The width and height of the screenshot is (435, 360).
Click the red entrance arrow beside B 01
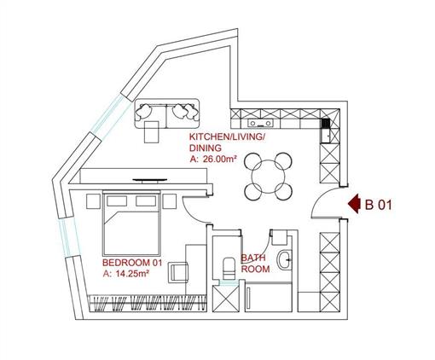[x=354, y=204]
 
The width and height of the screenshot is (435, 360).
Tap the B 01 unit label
[x=379, y=205]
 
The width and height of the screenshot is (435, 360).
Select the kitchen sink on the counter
[x=260, y=123]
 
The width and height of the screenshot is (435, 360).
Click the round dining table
[x=268, y=177]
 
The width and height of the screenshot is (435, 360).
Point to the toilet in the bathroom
[x=229, y=269]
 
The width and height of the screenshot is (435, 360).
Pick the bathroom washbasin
[x=285, y=259]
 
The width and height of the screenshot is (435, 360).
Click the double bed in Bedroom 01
[x=131, y=223]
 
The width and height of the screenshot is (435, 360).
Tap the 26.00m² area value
[x=219, y=159]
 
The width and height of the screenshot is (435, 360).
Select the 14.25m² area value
[x=133, y=274]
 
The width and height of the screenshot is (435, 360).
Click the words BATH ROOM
[x=255, y=264]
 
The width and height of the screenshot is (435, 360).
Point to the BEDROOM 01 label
[x=132, y=263]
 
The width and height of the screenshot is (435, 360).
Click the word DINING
[x=206, y=148]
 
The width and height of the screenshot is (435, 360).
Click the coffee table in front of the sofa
[x=152, y=131]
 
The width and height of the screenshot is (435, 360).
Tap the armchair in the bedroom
[x=178, y=273]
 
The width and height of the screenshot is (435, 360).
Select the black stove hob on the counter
[x=325, y=124]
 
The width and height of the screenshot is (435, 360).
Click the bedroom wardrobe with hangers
[x=148, y=304]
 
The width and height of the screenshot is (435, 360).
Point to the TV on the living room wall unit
[x=150, y=180]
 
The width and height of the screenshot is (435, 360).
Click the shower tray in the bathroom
[x=269, y=298]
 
